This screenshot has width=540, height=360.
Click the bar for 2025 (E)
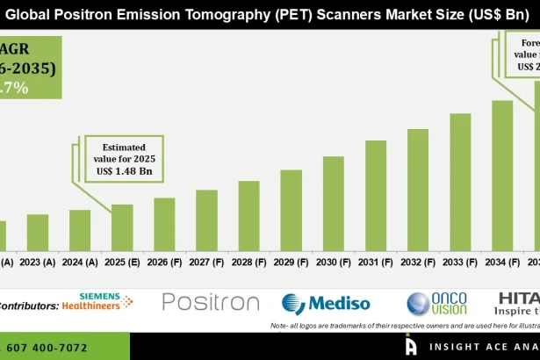tap(122, 227)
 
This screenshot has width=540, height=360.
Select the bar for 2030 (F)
tap(334, 204)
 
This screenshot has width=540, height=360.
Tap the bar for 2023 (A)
tap(38, 232)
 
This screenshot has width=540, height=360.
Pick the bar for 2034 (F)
tap(502, 176)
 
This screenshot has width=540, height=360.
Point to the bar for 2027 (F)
tap(206, 220)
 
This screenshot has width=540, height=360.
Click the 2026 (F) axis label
tap(165, 262)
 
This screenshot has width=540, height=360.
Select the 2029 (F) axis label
tap(292, 262)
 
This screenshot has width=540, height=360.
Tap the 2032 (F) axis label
tap(418, 262)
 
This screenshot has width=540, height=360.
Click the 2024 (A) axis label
tap(81, 262)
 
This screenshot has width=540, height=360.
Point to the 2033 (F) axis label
tap(460, 262)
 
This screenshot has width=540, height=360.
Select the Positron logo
tap(211, 303)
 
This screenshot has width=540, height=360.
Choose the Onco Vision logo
tap(436, 304)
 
